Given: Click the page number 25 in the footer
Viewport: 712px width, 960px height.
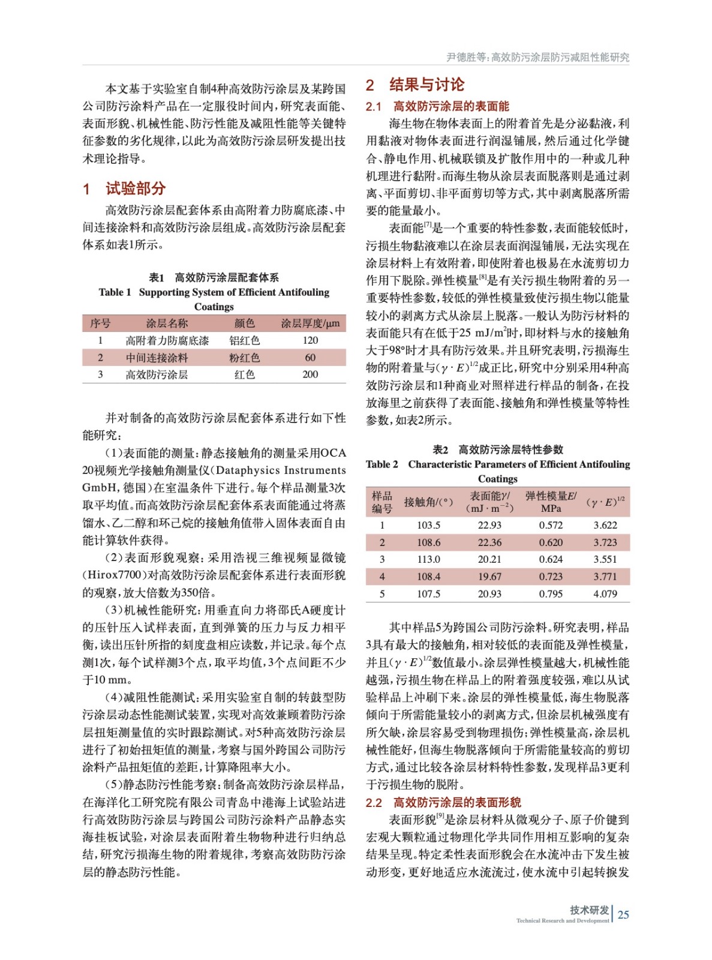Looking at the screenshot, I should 623,914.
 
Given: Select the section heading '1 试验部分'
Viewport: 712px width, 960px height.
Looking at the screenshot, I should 124,188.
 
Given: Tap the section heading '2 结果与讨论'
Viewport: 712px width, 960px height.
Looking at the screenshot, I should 415,85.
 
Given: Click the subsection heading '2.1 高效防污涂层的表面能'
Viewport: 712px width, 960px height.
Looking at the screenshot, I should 437,106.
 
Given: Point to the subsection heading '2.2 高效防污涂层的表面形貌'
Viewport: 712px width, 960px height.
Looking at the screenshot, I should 443,802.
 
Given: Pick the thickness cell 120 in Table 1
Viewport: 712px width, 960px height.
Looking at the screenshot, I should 310,340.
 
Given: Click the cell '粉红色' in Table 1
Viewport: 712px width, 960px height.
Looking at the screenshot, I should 244,358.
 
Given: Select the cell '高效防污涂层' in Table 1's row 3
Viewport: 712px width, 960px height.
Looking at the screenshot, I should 157,374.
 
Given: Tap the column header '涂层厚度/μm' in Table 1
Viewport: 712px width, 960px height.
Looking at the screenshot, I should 310,323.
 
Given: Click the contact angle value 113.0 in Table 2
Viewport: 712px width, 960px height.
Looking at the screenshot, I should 428,559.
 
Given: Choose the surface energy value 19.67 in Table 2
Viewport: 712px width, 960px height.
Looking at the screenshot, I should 489,577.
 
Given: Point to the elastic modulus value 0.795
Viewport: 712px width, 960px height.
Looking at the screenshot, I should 551,594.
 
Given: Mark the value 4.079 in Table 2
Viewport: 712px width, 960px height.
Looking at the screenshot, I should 605,594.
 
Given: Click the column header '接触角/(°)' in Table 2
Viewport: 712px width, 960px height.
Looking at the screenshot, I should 428,502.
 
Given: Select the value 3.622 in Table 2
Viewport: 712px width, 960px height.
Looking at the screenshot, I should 605,525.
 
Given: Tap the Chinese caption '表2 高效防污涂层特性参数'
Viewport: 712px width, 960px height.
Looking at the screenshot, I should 498,449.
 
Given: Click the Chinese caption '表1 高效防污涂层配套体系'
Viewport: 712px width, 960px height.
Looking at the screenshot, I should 214,277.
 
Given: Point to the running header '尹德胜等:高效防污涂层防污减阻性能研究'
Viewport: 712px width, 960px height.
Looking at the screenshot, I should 537,57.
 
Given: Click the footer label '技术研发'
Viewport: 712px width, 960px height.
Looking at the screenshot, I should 589,910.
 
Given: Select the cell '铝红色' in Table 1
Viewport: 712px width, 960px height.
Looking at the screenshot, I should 244,340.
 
